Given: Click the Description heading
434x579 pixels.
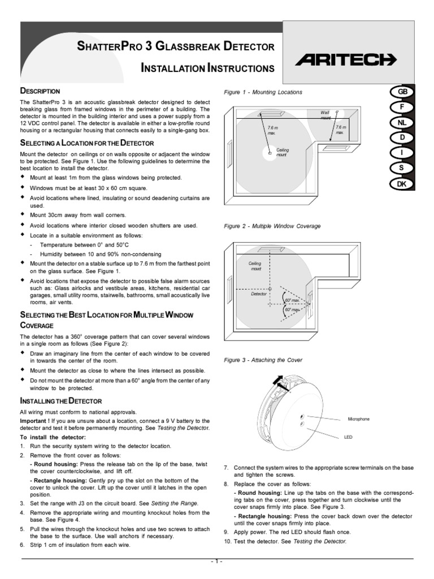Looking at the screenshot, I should [x=40, y=91].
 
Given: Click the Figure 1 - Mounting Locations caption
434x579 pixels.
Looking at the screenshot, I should [x=263, y=92].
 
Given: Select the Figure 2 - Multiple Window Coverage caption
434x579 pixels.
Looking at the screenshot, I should [x=272, y=226].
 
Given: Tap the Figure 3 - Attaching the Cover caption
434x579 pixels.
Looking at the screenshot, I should [x=263, y=360].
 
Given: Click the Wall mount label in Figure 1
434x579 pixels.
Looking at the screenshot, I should [x=325, y=115].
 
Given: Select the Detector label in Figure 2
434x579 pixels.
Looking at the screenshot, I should [x=258, y=295].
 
